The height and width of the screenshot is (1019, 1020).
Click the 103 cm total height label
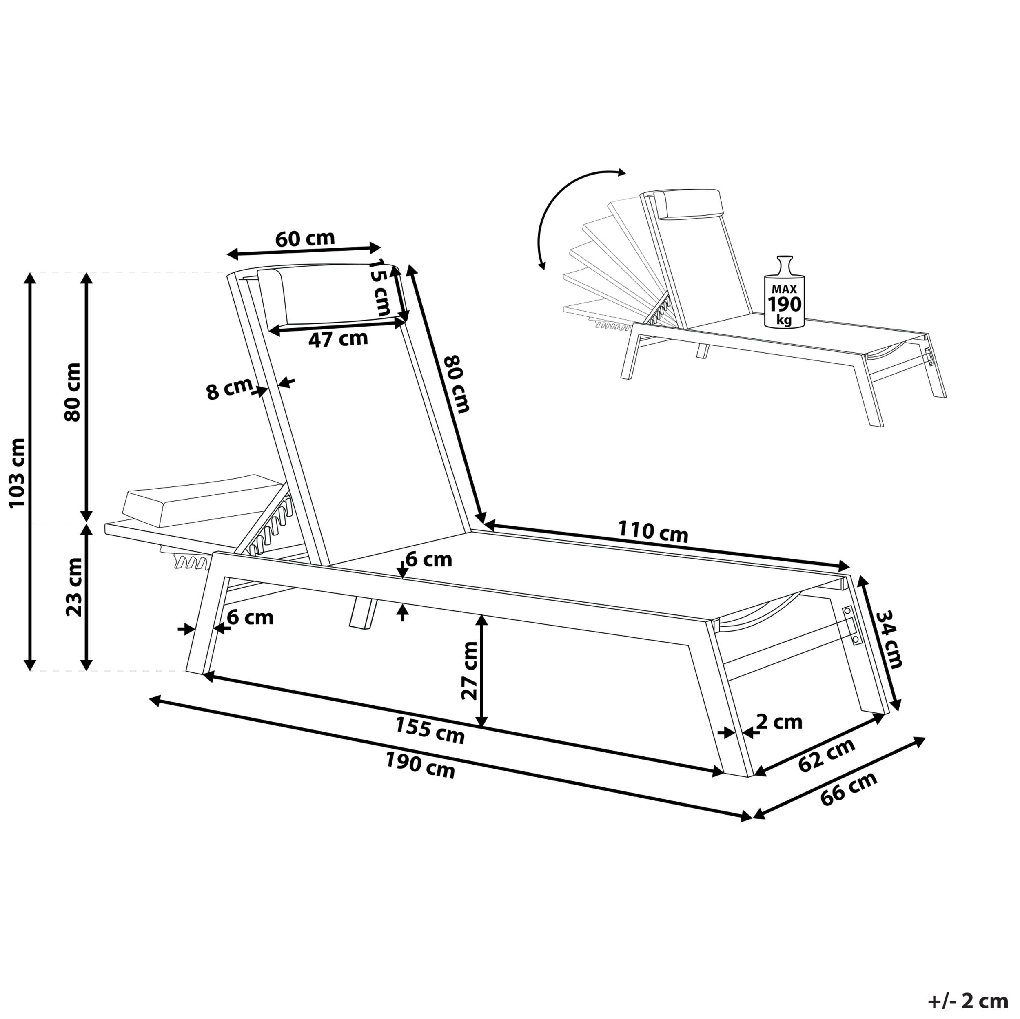click(18, 472)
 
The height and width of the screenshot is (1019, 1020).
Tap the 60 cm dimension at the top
click(305, 239)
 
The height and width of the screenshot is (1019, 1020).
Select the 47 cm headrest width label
click(338, 339)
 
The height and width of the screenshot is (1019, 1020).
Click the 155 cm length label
click(430, 731)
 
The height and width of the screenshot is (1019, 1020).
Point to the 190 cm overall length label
click(420, 766)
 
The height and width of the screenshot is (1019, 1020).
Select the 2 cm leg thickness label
click(779, 721)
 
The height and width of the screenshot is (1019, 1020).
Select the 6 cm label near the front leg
click(250, 617)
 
